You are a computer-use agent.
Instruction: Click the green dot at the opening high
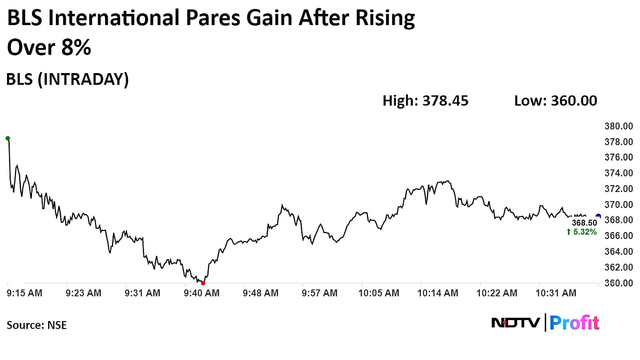click(7, 138)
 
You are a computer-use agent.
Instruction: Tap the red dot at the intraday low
click(203, 283)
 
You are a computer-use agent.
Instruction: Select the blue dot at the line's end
click(598, 216)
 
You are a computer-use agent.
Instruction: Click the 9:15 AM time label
click(25, 293)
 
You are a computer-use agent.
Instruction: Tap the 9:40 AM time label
click(201, 293)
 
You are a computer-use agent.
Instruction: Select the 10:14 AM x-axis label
click(438, 293)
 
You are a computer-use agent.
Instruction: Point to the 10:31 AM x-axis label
click(556, 293)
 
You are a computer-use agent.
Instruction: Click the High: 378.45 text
click(425, 100)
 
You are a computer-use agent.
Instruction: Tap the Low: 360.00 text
click(555, 100)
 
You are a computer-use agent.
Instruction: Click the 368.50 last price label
click(583, 223)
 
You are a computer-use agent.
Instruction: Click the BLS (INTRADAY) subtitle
click(67, 79)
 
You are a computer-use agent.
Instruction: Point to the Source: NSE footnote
click(37, 324)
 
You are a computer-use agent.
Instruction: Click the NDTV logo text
click(515, 323)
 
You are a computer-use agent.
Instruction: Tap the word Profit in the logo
click(574, 323)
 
